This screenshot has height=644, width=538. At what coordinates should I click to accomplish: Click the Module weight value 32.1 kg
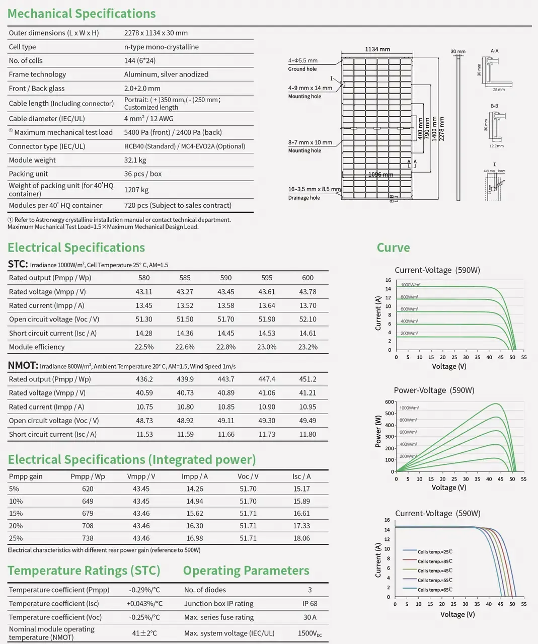pyautogui.click(x=135, y=160)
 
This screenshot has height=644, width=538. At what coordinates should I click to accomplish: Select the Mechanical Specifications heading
pyautogui.click(x=82, y=14)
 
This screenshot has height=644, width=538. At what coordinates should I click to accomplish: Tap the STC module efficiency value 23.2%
pyautogui.click(x=308, y=347)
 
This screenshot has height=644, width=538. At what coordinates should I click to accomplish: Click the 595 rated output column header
pyautogui.click(x=267, y=278)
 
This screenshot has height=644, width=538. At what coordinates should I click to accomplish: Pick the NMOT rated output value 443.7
pyautogui.click(x=226, y=379)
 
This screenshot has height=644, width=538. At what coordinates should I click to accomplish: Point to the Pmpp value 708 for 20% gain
pyautogui.click(x=88, y=526)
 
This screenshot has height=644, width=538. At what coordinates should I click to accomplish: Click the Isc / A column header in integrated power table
pyautogui.click(x=301, y=476)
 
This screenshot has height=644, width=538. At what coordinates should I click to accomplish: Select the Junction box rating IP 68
pyautogui.click(x=310, y=603)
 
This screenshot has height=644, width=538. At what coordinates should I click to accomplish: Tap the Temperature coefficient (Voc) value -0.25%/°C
pyautogui.click(x=144, y=617)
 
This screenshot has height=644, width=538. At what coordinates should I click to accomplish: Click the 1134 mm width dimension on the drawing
pyautogui.click(x=377, y=49)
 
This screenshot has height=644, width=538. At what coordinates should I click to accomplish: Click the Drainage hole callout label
pyautogui.click(x=304, y=198)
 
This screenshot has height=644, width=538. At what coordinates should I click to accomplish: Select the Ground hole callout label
pyautogui.click(x=302, y=69)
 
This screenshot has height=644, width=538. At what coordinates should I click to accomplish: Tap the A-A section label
pyautogui.click(x=494, y=51)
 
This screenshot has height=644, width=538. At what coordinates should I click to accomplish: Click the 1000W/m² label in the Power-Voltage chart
pyautogui.click(x=409, y=408)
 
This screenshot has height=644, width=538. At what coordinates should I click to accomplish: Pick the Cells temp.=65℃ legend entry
pyautogui.click(x=434, y=590)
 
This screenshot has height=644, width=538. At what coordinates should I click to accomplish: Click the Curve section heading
pyautogui.click(x=393, y=248)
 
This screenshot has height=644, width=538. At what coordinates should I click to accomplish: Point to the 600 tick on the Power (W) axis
pyautogui.click(x=390, y=402)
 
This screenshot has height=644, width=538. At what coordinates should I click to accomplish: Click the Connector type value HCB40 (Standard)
pyautogui.click(x=150, y=146)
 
